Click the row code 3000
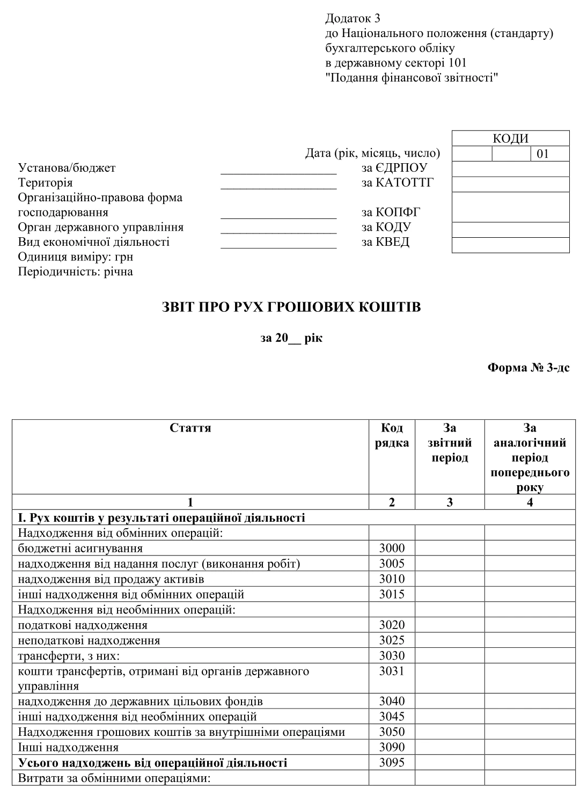[x=392, y=548]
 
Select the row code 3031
[x=392, y=671]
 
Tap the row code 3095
[x=392, y=763]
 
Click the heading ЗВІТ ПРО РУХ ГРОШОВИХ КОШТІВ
[x=292, y=308]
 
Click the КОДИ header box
[x=510, y=138]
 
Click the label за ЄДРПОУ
[x=394, y=168]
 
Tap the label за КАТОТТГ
[x=397, y=182]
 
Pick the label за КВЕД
[x=385, y=242]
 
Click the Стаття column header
[x=190, y=428]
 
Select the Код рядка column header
[x=392, y=435]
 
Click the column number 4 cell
[x=530, y=502]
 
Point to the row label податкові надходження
[x=83, y=625]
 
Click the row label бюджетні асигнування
[x=80, y=548]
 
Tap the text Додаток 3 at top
[x=353, y=19]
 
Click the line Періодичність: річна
[x=75, y=272]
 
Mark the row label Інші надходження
[x=68, y=747]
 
